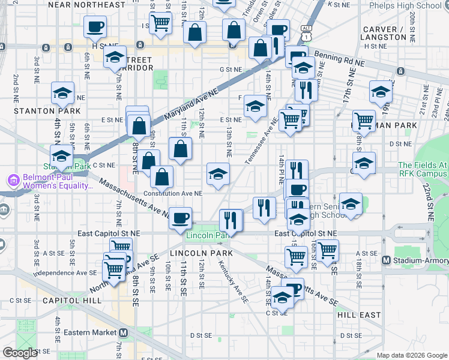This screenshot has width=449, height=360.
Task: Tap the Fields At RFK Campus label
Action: coord(423,170)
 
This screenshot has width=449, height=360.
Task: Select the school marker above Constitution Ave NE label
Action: coord(218,174)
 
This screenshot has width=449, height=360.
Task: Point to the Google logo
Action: coord(20,353)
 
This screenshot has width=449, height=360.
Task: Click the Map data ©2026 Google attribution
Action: coord(412,355)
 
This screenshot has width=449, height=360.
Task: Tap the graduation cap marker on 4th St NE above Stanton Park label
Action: coord(62,93)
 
